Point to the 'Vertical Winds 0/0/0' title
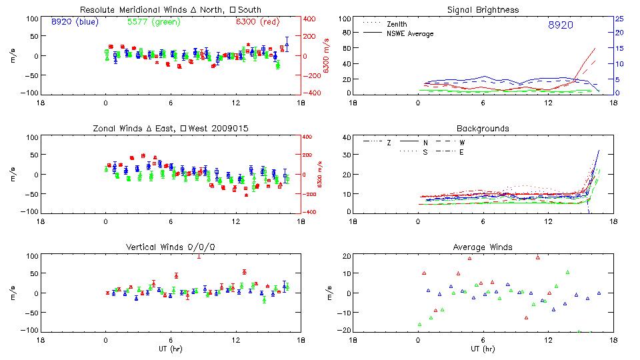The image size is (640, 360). point(170,247)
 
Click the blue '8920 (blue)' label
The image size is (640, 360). point(74,22)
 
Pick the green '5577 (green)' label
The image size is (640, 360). point(152,22)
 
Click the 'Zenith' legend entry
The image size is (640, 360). point(397,24)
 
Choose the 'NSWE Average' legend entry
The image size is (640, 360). point(410,33)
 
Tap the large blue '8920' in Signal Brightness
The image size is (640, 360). point(560,25)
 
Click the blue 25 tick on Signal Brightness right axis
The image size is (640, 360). point(619,19)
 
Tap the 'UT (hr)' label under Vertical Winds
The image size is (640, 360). point(170,349)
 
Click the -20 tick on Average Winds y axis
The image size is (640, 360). point(345,330)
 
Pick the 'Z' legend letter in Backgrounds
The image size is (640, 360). point(389,143)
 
